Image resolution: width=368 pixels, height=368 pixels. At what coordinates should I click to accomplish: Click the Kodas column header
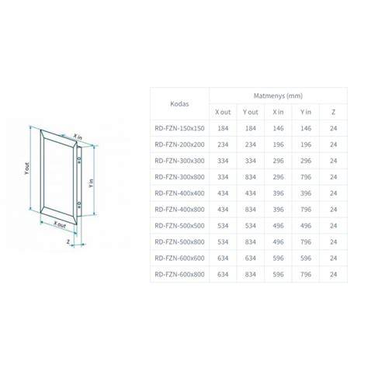[x=179, y=104]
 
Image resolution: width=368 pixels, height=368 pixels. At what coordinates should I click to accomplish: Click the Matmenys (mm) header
[x=278, y=95]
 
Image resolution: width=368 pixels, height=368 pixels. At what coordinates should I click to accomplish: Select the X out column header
[x=223, y=112]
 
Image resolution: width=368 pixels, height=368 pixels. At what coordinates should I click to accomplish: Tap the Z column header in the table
[x=333, y=112]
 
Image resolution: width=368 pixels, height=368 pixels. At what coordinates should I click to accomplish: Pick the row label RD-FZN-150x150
[x=179, y=128]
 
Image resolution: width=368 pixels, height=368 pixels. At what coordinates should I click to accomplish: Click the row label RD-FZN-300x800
[x=179, y=177]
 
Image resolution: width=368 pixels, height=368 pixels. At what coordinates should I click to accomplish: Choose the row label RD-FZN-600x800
[x=179, y=274]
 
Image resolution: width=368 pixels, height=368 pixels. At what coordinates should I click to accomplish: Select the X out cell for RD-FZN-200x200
[x=223, y=144]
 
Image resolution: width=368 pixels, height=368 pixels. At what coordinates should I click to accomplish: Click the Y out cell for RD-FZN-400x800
[x=251, y=210]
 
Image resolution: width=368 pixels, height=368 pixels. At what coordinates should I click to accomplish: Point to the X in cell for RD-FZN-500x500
[x=278, y=226]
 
